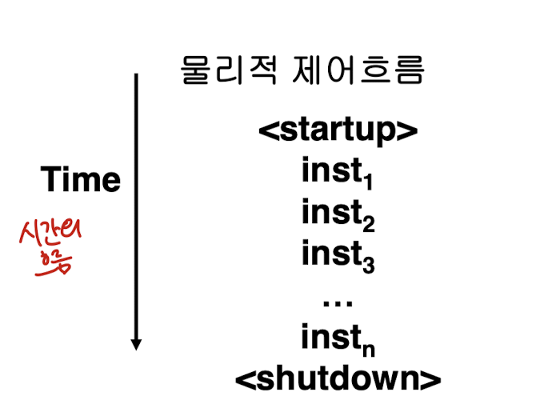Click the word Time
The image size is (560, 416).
click(x=81, y=179)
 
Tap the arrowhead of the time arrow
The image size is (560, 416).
click(x=136, y=345)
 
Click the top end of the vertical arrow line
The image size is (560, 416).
click(x=136, y=75)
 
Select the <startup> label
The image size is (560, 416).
click(x=338, y=130)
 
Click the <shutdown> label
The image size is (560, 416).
click(x=338, y=378)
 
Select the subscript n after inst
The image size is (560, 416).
click(x=368, y=348)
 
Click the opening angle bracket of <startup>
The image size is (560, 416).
click(x=266, y=130)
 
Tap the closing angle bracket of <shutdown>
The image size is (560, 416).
click(x=432, y=378)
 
